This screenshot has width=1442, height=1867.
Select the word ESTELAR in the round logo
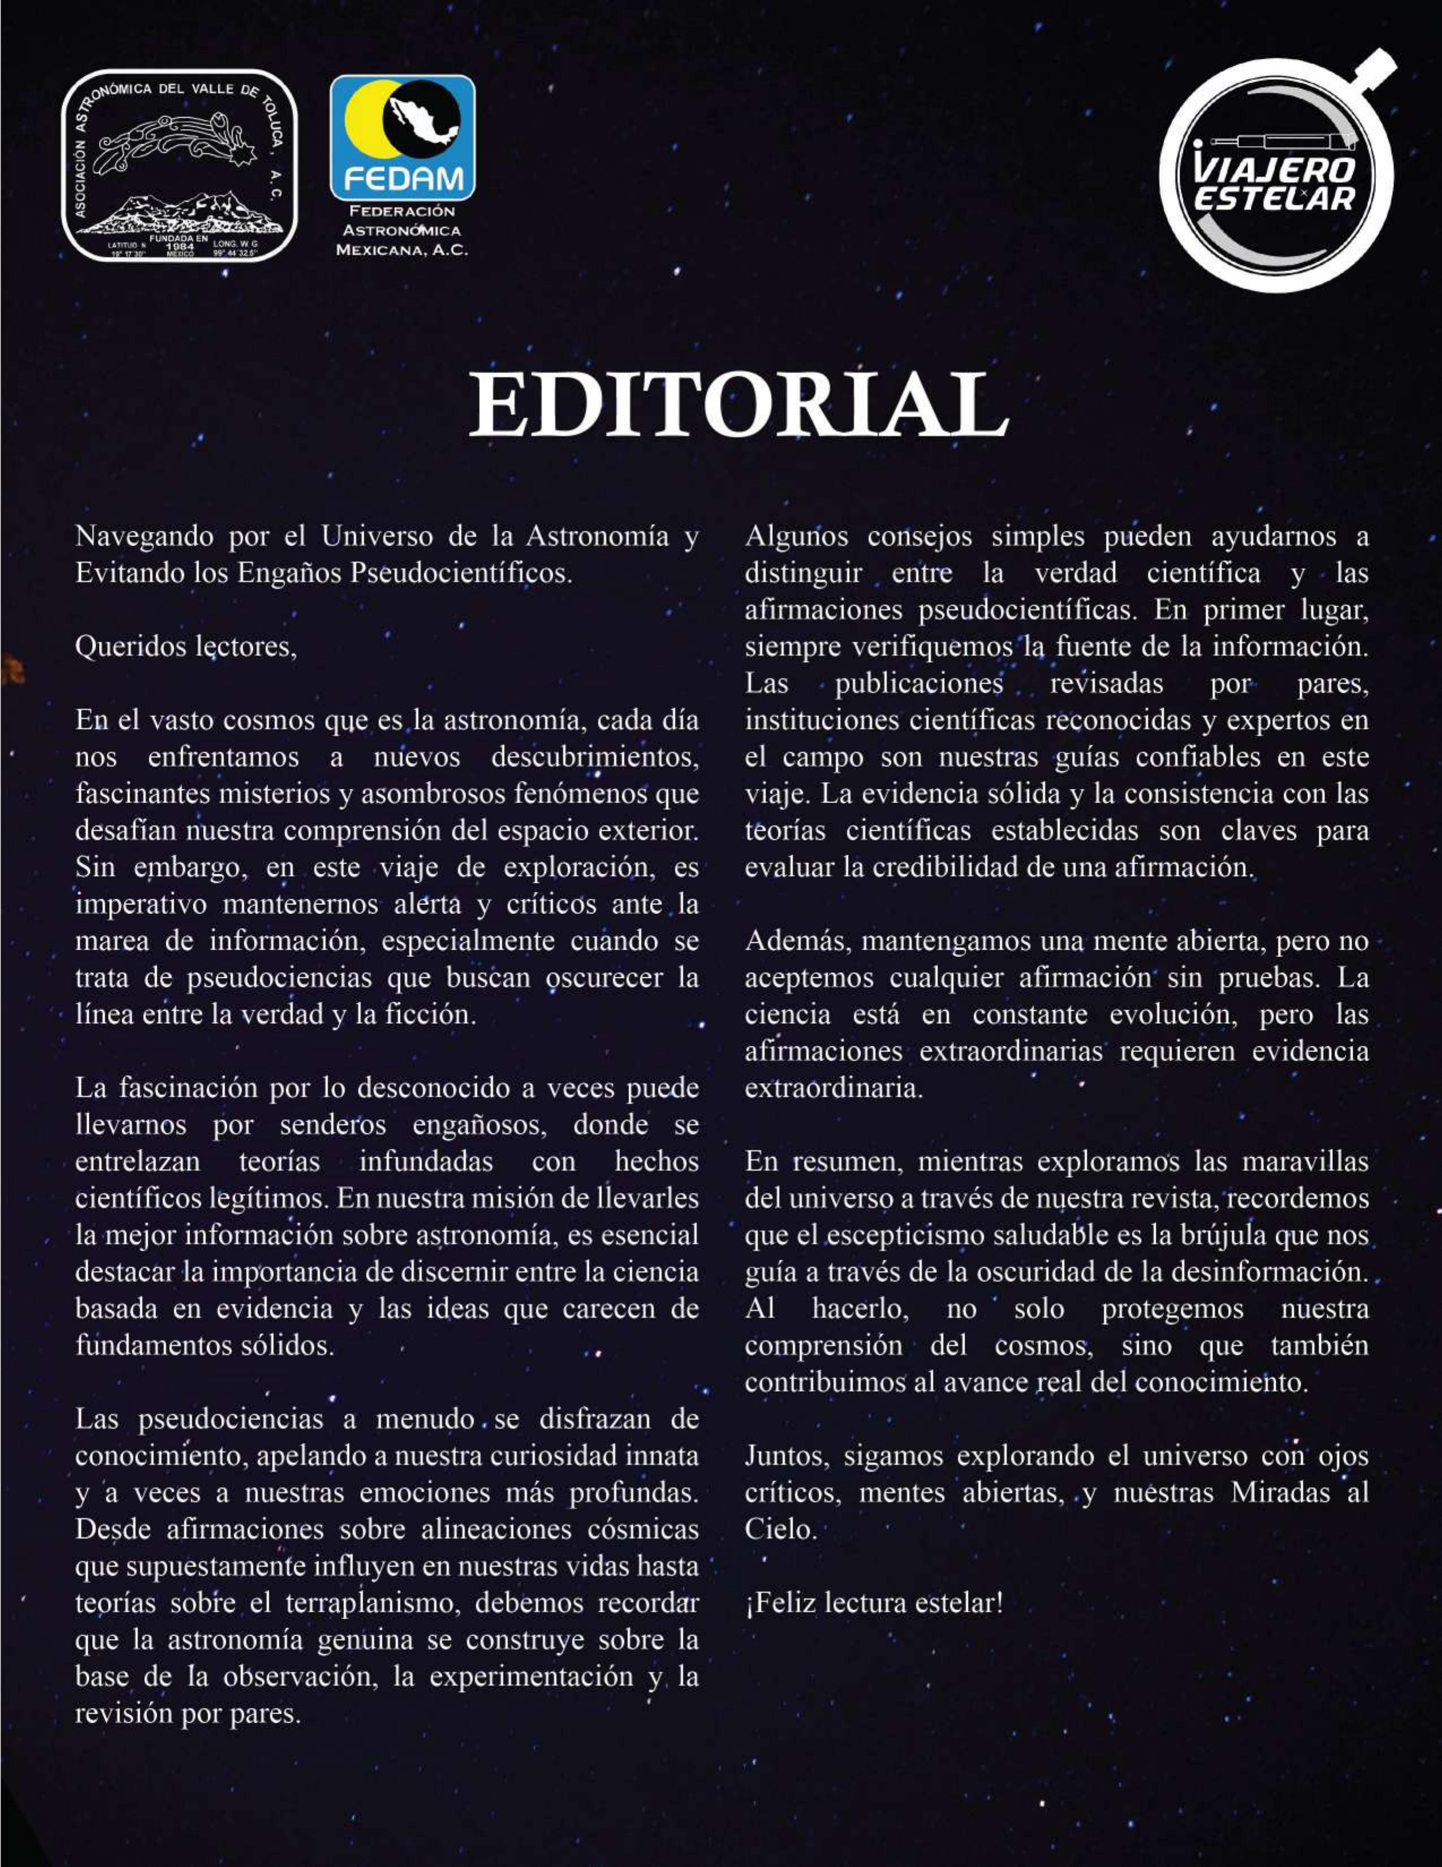click(x=1275, y=199)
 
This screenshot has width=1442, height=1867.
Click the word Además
click(x=798, y=941)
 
